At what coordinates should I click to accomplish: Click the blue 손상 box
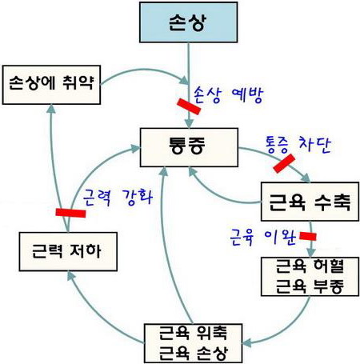click(188, 22)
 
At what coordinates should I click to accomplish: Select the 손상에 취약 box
click(51, 85)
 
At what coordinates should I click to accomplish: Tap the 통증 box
click(189, 147)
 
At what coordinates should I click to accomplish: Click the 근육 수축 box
click(310, 202)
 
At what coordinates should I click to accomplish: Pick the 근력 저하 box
click(68, 252)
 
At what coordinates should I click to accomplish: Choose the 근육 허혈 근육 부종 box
click(310, 277)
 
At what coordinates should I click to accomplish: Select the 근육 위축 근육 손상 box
click(193, 343)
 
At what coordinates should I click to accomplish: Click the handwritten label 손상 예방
click(229, 94)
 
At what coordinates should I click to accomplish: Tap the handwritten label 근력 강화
click(118, 198)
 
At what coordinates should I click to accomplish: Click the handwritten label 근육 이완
click(263, 237)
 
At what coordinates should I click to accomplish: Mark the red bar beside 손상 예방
click(189, 106)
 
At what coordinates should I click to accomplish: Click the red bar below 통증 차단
click(284, 163)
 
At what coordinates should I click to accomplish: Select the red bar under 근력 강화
click(70, 213)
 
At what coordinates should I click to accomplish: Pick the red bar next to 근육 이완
click(308, 236)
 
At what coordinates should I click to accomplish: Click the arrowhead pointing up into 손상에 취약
click(52, 109)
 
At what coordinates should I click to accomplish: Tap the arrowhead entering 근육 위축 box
click(247, 342)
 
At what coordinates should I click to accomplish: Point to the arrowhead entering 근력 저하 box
click(71, 276)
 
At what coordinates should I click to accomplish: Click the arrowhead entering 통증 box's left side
click(135, 148)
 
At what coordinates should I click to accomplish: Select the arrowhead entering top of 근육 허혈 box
click(310, 253)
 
